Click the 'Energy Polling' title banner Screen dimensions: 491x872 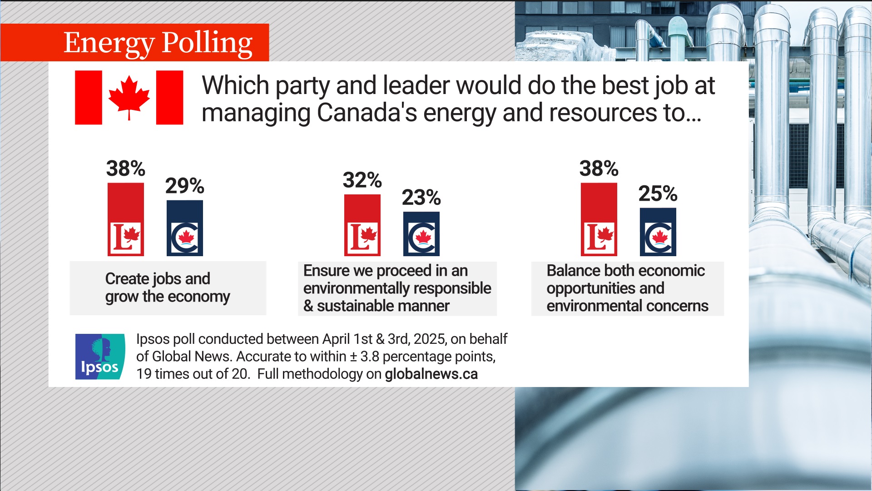pos(158,43)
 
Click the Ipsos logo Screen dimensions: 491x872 pos(100,357)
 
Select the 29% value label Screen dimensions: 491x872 pos(184,186)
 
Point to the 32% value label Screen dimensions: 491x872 pos(362,180)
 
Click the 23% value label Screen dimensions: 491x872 pos(421,198)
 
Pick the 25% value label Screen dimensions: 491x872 pos(658,194)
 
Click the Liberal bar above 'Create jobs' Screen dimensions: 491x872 pos(126,219)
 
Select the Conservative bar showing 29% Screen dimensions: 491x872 pos(185,228)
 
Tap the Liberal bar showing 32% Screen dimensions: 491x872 pos(362,225)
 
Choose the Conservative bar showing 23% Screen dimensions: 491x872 pos(421,233)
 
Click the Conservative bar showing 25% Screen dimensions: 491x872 pos(658,232)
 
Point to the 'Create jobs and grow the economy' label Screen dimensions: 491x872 pos(168,288)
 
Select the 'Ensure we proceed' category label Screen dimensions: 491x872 pos(397,288)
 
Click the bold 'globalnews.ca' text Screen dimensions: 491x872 pos(431,374)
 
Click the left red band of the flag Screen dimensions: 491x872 pos(89,97)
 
